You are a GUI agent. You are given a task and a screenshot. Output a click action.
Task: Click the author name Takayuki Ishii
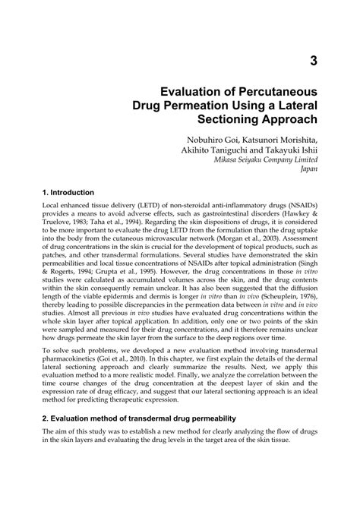(295, 150)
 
